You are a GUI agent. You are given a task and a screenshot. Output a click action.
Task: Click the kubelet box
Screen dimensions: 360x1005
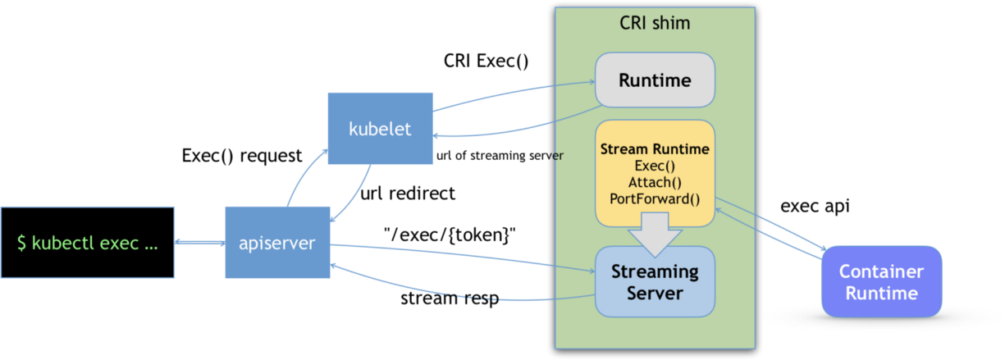(x=380, y=128)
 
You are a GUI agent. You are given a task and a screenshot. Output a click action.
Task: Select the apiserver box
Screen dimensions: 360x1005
(x=277, y=243)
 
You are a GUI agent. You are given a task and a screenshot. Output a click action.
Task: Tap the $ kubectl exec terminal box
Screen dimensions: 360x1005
(x=87, y=243)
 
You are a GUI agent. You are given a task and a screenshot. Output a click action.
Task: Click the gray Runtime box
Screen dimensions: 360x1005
(x=655, y=80)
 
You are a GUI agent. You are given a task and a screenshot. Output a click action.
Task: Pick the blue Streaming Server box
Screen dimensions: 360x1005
(x=655, y=282)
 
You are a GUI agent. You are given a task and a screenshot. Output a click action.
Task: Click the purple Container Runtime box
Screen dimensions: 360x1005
(x=881, y=282)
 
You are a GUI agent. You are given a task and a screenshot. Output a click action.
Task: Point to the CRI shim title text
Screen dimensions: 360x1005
(x=654, y=23)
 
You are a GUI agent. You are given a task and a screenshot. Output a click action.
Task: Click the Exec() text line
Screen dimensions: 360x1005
(x=655, y=166)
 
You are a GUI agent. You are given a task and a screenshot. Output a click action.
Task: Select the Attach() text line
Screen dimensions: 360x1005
(x=655, y=182)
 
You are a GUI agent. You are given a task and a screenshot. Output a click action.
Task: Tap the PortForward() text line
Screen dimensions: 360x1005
(x=655, y=198)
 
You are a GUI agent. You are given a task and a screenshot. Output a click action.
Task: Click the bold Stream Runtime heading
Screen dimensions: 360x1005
(x=655, y=150)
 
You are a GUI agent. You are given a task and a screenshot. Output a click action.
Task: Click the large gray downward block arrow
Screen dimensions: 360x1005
(x=655, y=231)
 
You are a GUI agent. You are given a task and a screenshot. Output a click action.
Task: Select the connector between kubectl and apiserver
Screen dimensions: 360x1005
(x=199, y=243)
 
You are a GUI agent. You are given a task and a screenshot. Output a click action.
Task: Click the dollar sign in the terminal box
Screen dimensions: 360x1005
(x=22, y=244)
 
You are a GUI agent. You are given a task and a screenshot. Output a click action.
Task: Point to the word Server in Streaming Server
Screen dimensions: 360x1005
(x=655, y=293)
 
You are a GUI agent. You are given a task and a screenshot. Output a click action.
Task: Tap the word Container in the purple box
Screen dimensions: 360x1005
(x=881, y=271)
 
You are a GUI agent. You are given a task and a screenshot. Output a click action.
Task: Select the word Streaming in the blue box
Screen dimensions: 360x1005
(x=655, y=271)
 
